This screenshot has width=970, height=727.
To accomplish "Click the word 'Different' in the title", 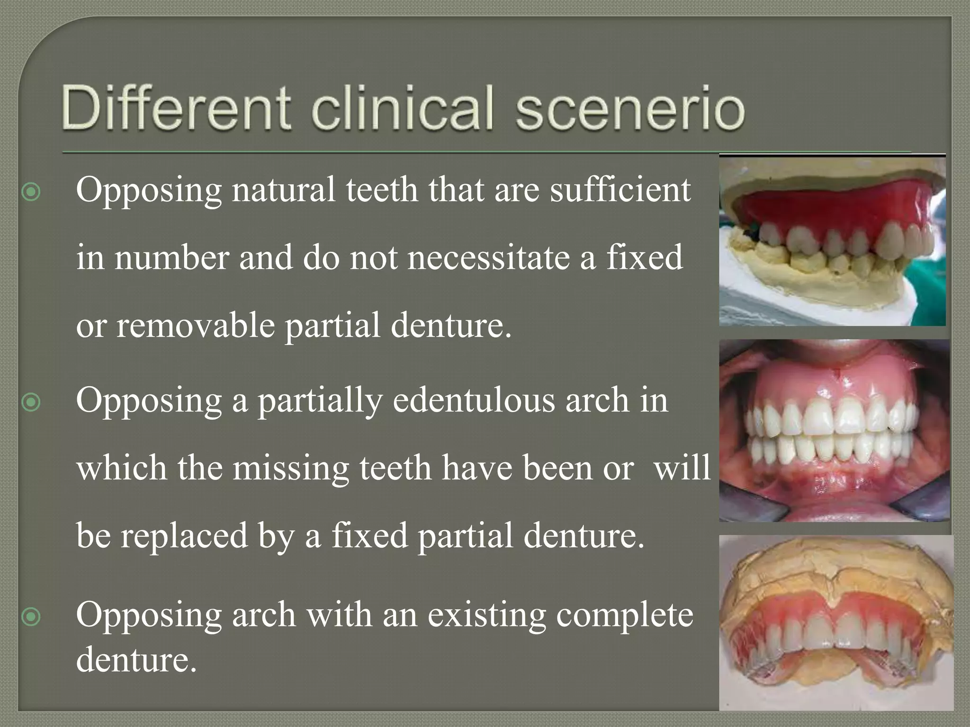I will pos(175,108).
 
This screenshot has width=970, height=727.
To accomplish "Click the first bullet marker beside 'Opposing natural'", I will pos(31,192).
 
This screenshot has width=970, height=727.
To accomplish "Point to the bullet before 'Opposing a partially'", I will pos(31,402).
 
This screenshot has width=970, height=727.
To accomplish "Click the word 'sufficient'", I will pos(620,189).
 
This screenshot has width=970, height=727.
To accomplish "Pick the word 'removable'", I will pos(195,326).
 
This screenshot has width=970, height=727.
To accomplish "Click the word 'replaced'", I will pos(184,536).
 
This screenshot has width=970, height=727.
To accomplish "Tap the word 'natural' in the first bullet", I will pos(284,189).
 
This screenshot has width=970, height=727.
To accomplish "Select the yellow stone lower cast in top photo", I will pos(805,284).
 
